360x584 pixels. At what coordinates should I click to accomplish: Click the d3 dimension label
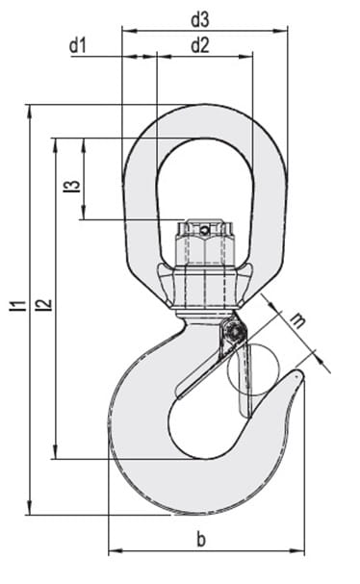point(200,20)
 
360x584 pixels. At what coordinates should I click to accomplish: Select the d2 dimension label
point(200,45)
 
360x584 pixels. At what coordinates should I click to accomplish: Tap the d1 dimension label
point(78,45)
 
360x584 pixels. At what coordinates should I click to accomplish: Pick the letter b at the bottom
point(201,539)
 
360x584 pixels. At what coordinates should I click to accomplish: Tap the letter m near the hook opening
point(297,320)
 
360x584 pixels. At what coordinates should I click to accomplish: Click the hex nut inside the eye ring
point(204,242)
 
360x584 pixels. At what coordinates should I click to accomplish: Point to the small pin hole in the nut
point(203,231)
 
